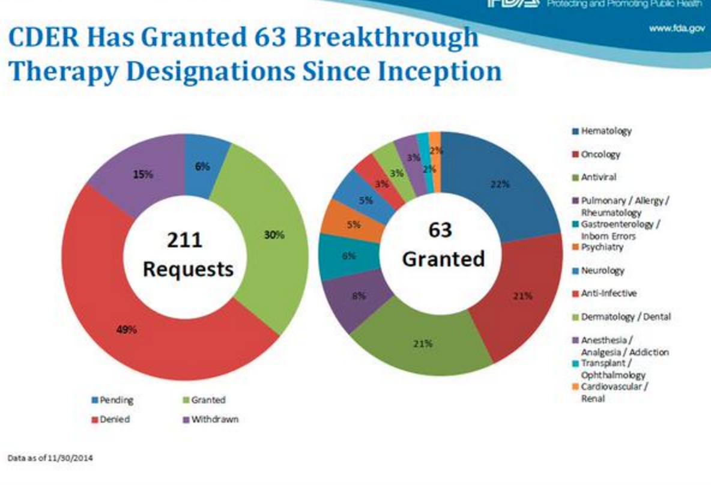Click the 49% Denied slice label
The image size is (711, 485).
click(x=127, y=330)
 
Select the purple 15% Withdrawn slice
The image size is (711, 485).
click(x=141, y=175)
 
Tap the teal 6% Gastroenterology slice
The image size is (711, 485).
click(x=348, y=256)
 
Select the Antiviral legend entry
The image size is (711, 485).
click(x=598, y=177)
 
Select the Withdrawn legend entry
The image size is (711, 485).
click(x=214, y=419)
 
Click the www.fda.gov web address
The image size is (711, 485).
click(x=676, y=28)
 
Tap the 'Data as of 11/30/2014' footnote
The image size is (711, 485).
click(x=50, y=458)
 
